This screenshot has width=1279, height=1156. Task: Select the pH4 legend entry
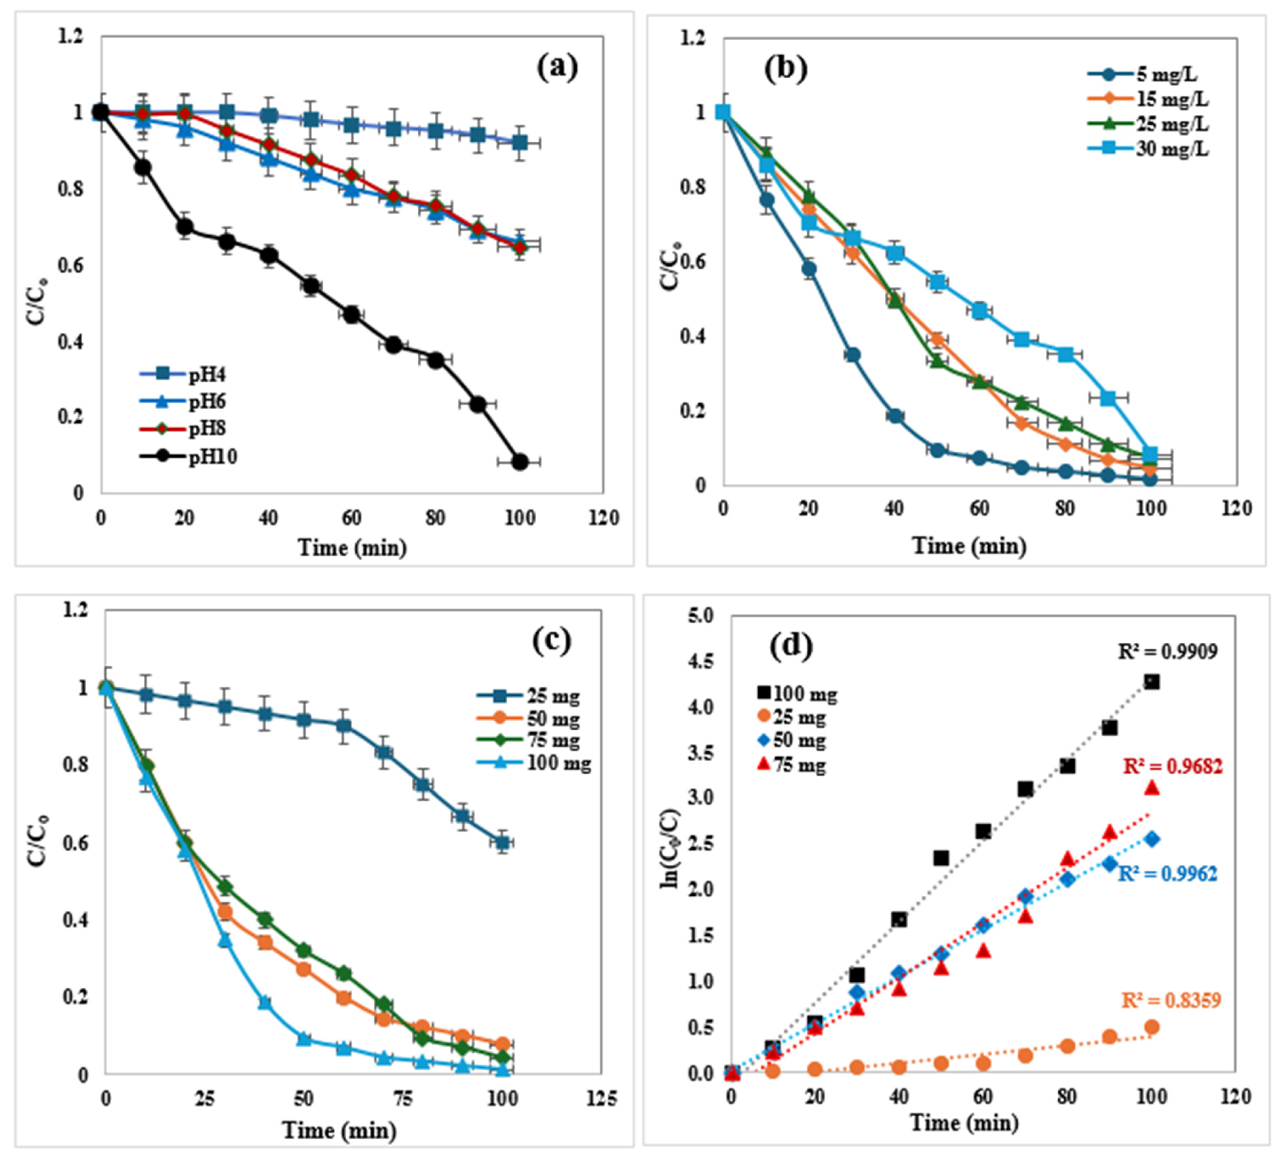pyautogui.click(x=184, y=374)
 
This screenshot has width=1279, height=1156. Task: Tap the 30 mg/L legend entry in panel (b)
pyautogui.click(x=1148, y=150)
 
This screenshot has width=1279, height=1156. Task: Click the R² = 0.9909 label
pyautogui.click(x=1167, y=651)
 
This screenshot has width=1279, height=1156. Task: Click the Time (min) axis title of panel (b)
pyautogui.click(x=969, y=546)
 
